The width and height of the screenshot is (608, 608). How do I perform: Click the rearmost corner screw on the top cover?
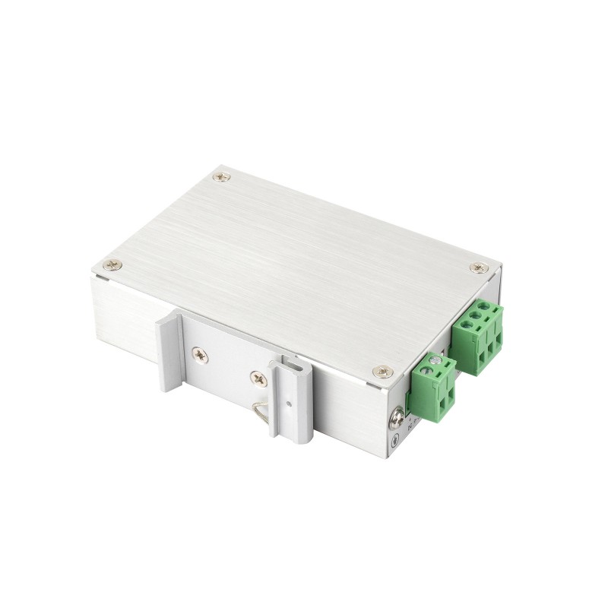pos(222,176)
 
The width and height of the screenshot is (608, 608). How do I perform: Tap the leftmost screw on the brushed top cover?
pos(112,264)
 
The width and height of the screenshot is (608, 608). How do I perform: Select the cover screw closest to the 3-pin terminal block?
pos(477,267)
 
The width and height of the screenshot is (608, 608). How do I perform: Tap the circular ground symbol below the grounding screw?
pos(394,439)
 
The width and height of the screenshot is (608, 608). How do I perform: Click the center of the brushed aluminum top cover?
pos(296,274)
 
